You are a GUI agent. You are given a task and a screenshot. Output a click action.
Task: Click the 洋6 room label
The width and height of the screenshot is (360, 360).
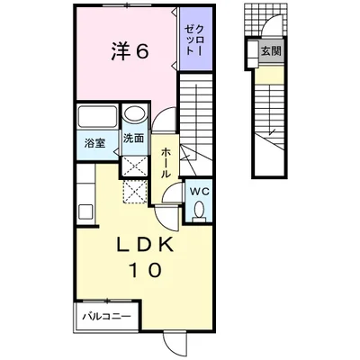(130, 51)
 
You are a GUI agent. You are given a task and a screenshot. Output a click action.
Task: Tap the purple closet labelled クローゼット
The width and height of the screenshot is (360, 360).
(196, 39)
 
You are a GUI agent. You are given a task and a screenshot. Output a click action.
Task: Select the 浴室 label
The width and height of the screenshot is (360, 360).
(94, 143)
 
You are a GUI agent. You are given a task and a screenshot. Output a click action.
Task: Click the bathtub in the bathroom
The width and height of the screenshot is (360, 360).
(97, 117)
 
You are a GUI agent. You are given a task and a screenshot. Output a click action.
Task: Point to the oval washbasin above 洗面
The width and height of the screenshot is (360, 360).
(135, 114)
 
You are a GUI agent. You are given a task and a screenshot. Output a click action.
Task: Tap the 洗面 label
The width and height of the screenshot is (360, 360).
(134, 139)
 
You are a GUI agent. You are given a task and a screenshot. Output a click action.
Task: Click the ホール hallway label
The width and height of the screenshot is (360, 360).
(166, 163)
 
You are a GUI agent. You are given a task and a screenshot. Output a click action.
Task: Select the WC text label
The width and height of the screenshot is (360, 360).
(199, 192)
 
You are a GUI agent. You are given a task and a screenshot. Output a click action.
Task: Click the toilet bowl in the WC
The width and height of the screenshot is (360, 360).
(199, 208)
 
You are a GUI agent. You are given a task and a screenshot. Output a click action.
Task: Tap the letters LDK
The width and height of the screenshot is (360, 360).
(145, 246)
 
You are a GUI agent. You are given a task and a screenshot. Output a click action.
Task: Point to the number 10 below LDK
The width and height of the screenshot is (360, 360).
(146, 270)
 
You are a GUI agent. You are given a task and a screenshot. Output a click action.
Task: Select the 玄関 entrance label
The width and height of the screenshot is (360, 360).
(271, 51)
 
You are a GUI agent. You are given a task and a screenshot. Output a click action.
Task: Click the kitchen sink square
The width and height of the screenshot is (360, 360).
(85, 211)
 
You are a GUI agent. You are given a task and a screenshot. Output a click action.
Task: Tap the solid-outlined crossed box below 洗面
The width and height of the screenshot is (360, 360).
(135, 166)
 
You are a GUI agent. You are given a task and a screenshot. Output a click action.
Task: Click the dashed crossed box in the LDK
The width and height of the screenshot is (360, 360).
(135, 192)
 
